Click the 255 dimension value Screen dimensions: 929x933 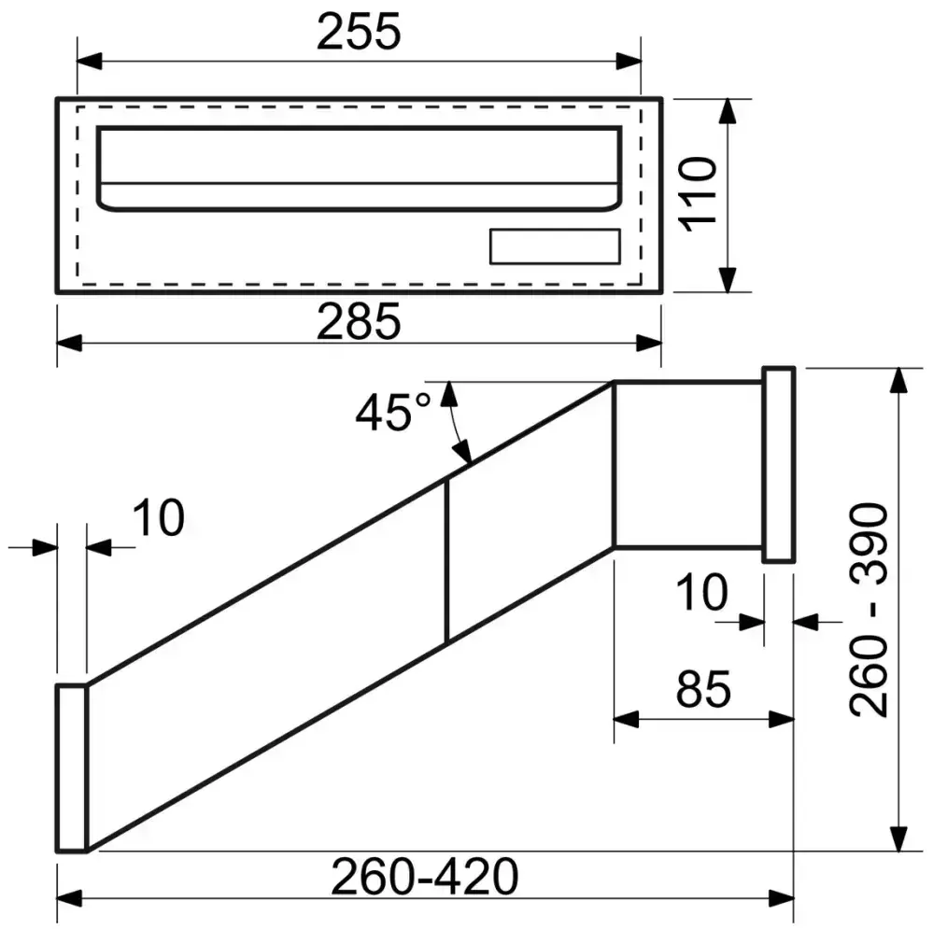[x=359, y=34]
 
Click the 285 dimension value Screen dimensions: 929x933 [x=359, y=322]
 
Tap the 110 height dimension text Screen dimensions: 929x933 [x=699, y=191]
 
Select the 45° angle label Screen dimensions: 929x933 [x=391, y=413]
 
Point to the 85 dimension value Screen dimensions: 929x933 [x=703, y=691]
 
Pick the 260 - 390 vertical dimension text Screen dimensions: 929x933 [x=869, y=609]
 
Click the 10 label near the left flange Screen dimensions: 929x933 [x=157, y=519]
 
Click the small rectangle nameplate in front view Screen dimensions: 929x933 [x=555, y=246]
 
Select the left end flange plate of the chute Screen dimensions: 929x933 [x=71, y=767]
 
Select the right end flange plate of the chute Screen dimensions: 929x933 [x=778, y=465]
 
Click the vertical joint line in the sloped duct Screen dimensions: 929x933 [x=447, y=560]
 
